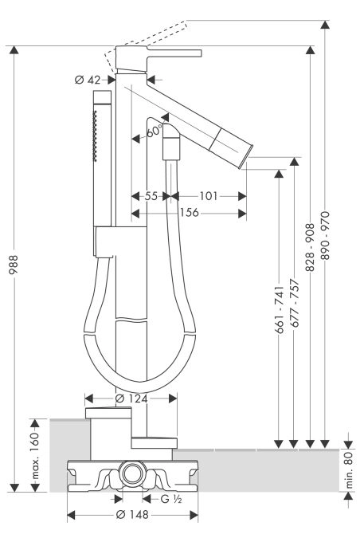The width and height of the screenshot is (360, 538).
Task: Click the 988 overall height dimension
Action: (x=14, y=265)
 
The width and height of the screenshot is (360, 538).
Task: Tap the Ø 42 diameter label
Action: (x=88, y=80)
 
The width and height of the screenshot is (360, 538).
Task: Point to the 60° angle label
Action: (x=155, y=131)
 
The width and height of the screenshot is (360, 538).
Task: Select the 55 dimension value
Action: (x=151, y=196)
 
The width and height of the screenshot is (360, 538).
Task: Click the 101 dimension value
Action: (x=209, y=196)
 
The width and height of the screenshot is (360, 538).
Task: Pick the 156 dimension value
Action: (x=189, y=213)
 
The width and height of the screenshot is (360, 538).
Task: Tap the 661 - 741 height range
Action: (x=280, y=310)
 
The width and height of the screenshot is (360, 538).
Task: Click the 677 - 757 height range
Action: (x=295, y=304)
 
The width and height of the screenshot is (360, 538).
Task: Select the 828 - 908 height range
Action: (x=310, y=247)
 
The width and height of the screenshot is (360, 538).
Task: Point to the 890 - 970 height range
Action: (x=325, y=235)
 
